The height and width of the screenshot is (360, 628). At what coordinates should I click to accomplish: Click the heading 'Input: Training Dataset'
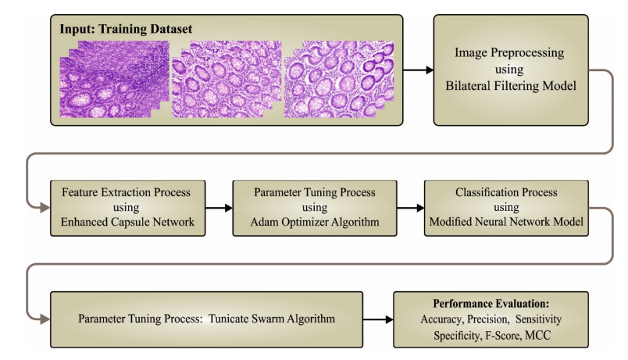coord(126,29)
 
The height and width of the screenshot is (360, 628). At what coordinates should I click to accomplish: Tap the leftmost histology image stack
coord(115,79)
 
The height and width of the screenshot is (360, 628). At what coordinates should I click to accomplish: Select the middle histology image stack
coord(227,79)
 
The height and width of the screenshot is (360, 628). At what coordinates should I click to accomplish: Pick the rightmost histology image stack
coord(339,79)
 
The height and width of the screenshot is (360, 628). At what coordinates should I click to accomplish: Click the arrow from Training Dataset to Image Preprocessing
coord(418,70)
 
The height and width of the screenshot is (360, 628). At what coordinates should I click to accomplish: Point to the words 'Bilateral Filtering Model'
coord(511,86)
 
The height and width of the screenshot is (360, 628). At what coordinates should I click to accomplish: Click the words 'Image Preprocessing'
coord(509,52)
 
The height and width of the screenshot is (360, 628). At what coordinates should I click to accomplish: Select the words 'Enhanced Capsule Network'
coord(127,222)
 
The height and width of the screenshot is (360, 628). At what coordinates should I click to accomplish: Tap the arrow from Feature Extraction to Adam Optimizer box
coord(219,208)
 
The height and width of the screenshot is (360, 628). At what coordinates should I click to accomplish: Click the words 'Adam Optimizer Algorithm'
coord(315,222)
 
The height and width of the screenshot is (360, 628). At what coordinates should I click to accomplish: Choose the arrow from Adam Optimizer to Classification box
coord(411,208)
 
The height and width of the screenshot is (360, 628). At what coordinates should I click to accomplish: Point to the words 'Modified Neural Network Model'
coord(506,222)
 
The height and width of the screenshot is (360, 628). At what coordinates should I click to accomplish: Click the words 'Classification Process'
coord(506,192)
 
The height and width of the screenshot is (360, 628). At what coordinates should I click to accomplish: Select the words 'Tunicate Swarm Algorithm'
coord(272,319)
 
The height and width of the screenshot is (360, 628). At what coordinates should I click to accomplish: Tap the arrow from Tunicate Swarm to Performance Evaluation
coord(378,319)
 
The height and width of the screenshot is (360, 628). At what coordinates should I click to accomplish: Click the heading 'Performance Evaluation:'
coord(491,304)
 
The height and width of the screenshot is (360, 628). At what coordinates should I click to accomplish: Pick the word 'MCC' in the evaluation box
coord(538,335)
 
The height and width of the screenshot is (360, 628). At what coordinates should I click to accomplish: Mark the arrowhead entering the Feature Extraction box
coord(45,208)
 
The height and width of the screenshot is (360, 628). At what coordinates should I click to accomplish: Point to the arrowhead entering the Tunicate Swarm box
coord(45,319)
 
